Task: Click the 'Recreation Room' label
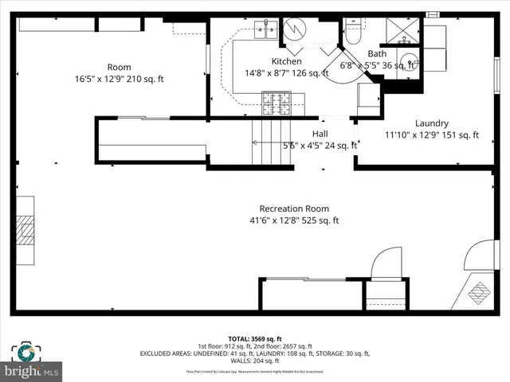[294, 209]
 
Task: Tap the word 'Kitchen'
[286, 61]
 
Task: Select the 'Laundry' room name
[431, 123]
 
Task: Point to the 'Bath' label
[377, 54]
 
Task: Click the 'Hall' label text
[320, 134]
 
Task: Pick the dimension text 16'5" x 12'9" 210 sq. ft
[119, 79]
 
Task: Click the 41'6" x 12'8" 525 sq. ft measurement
[294, 220]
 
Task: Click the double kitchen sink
[265, 31]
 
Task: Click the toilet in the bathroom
[353, 32]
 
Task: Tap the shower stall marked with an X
[403, 30]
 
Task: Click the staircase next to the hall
[269, 142]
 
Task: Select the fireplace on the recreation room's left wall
[25, 231]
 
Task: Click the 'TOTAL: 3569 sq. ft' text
[254, 337]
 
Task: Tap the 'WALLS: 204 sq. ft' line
[254, 361]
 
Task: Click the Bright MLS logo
[32, 370]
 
